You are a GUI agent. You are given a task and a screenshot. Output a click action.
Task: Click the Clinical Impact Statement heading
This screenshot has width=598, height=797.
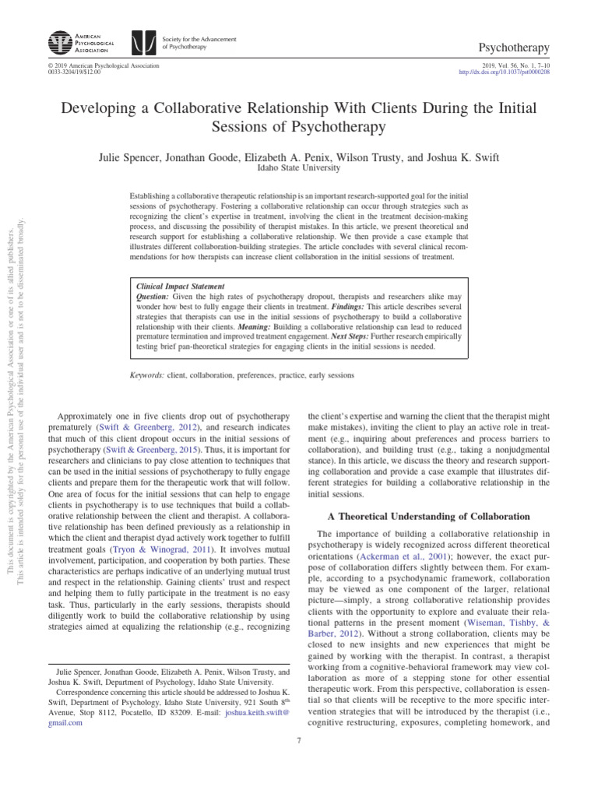click(x=180, y=286)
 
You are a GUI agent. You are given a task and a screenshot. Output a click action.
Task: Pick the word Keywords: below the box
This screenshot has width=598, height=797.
click(x=146, y=375)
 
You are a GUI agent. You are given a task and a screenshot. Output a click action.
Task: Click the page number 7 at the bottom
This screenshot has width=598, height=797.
click(x=299, y=740)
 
